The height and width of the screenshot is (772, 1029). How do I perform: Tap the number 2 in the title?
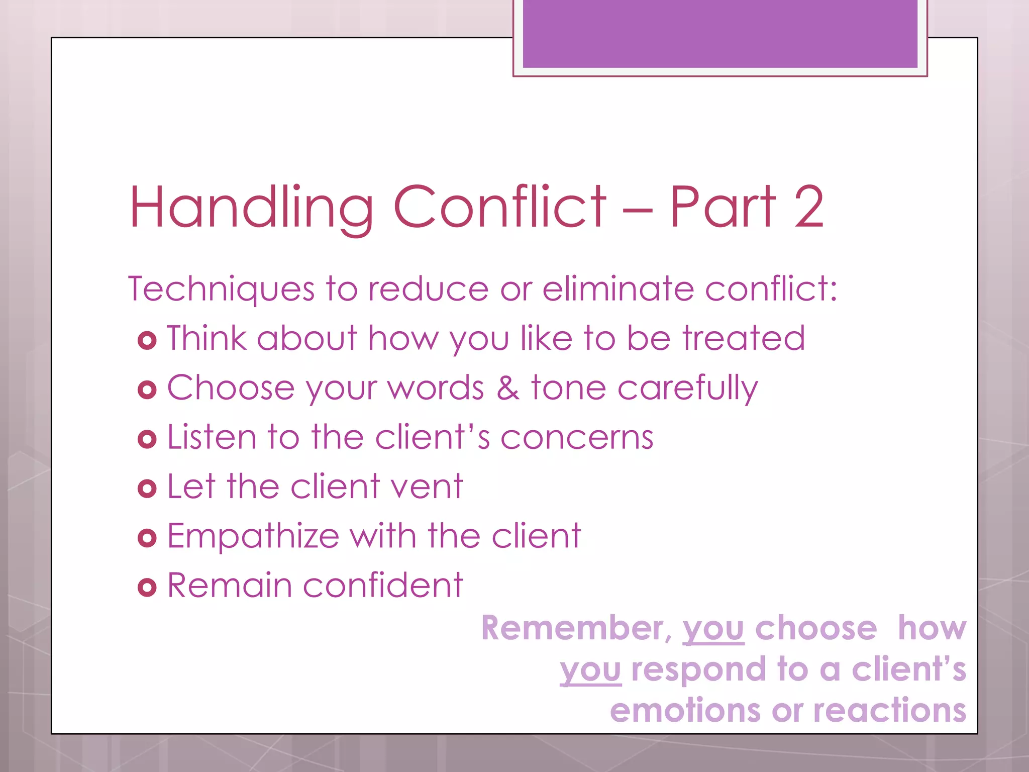[x=808, y=207]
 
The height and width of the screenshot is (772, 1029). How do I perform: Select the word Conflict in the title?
[x=499, y=207]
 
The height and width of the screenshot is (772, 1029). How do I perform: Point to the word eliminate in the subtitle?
[x=618, y=289]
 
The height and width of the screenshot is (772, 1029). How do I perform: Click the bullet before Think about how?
[x=147, y=341]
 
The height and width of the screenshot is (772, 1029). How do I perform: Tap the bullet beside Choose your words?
[x=147, y=390]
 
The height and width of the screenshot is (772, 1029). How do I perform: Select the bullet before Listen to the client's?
[x=147, y=439]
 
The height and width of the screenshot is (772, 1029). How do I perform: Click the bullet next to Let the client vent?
[x=147, y=489]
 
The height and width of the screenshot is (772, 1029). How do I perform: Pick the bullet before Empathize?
[x=147, y=538]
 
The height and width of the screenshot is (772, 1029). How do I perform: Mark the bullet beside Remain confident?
[x=147, y=588]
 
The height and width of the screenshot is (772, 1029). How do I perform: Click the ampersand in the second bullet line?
[x=508, y=389]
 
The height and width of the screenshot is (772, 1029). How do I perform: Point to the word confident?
[x=382, y=586]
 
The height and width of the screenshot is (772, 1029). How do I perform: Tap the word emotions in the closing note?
[x=685, y=711]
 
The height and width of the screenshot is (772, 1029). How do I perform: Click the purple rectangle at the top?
[x=720, y=34]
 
